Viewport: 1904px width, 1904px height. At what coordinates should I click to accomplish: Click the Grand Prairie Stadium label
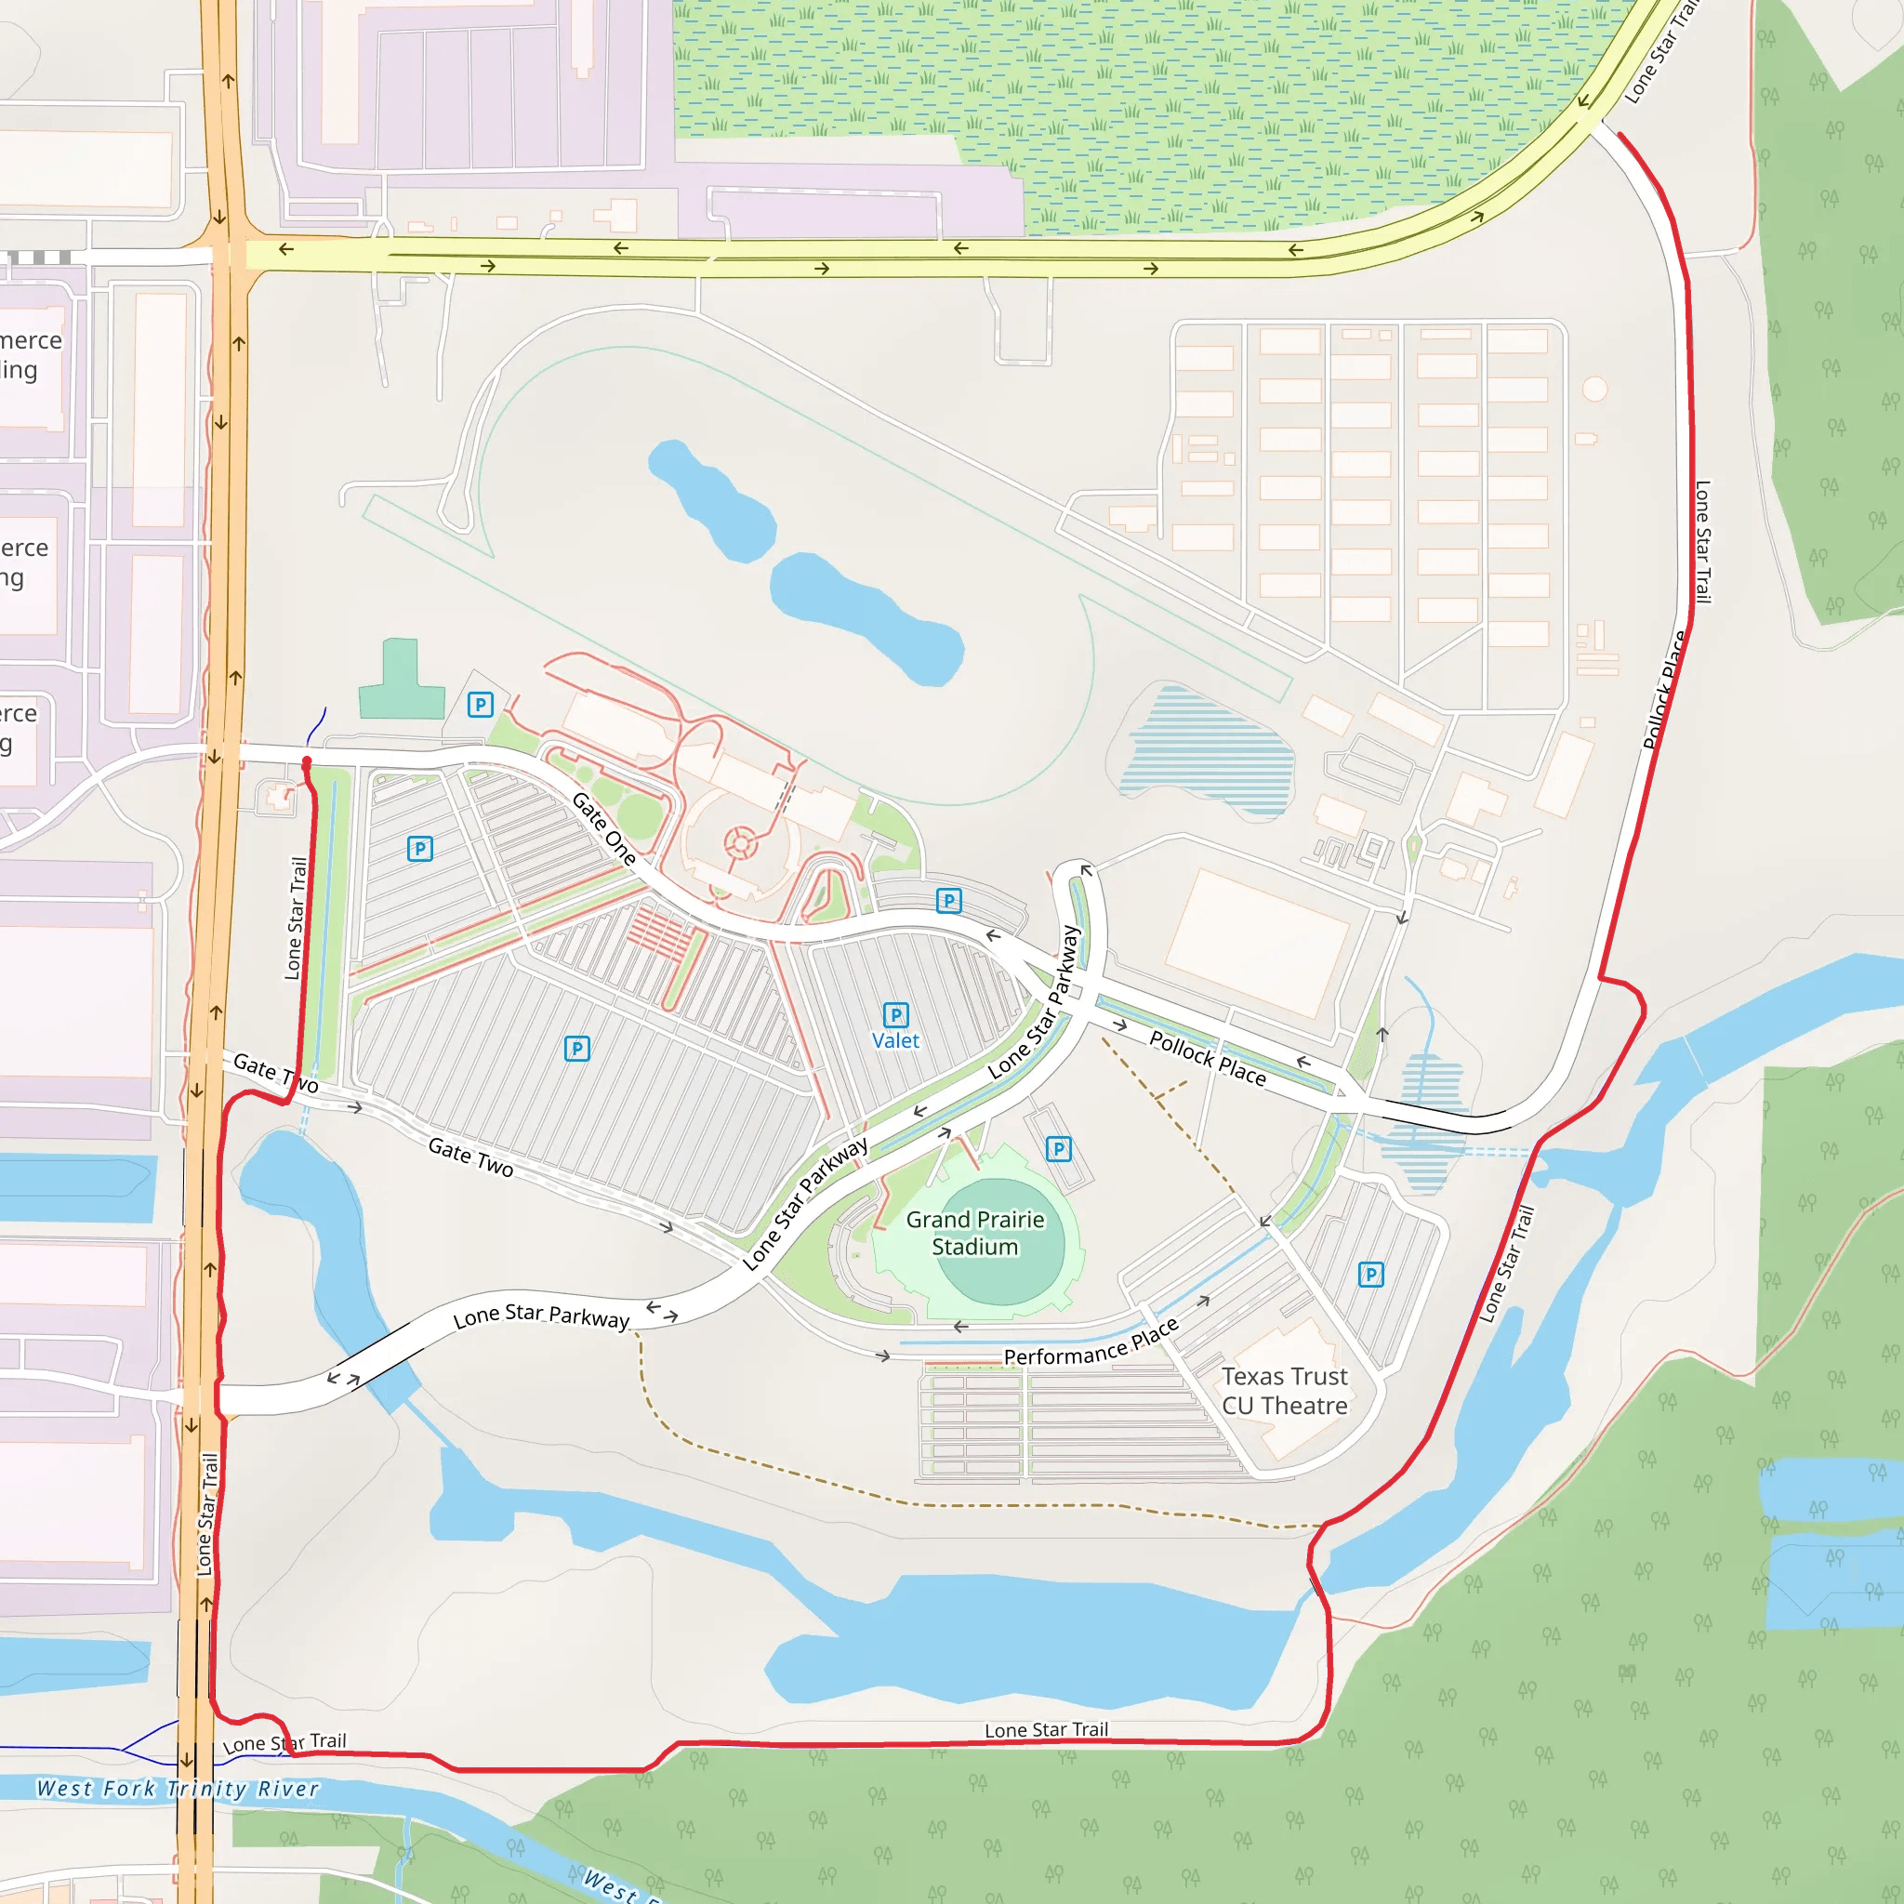pos(974,1233)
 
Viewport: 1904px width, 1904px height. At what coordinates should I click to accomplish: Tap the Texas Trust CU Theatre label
pos(1284,1391)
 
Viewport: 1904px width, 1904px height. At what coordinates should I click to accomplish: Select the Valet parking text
pos(895,1040)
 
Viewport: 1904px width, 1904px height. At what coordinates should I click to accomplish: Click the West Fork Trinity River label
pos(178,1789)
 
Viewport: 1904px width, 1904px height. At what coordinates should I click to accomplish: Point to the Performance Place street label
pos(1090,1345)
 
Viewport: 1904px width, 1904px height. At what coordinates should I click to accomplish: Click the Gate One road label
pos(604,828)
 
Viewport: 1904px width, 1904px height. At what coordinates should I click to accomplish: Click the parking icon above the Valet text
pos(895,1014)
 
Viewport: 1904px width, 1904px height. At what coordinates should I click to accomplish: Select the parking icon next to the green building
pos(480,704)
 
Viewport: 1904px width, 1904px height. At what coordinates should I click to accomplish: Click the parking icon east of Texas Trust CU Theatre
pos(1369,1275)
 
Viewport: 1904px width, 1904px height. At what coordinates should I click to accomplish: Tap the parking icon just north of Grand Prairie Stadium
pos(1058,1148)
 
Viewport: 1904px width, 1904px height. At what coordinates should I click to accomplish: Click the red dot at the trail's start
pos(307,761)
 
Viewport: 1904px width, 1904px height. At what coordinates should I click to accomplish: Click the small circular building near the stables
pos(1594,389)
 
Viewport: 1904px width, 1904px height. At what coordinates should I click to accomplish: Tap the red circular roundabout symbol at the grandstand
pos(740,843)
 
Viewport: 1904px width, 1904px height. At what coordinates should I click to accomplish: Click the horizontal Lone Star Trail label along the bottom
pos(1046,1729)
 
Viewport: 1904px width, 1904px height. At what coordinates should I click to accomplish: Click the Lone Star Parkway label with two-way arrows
pos(541,1316)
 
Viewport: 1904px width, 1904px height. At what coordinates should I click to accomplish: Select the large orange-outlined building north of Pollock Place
pos(1257,942)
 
